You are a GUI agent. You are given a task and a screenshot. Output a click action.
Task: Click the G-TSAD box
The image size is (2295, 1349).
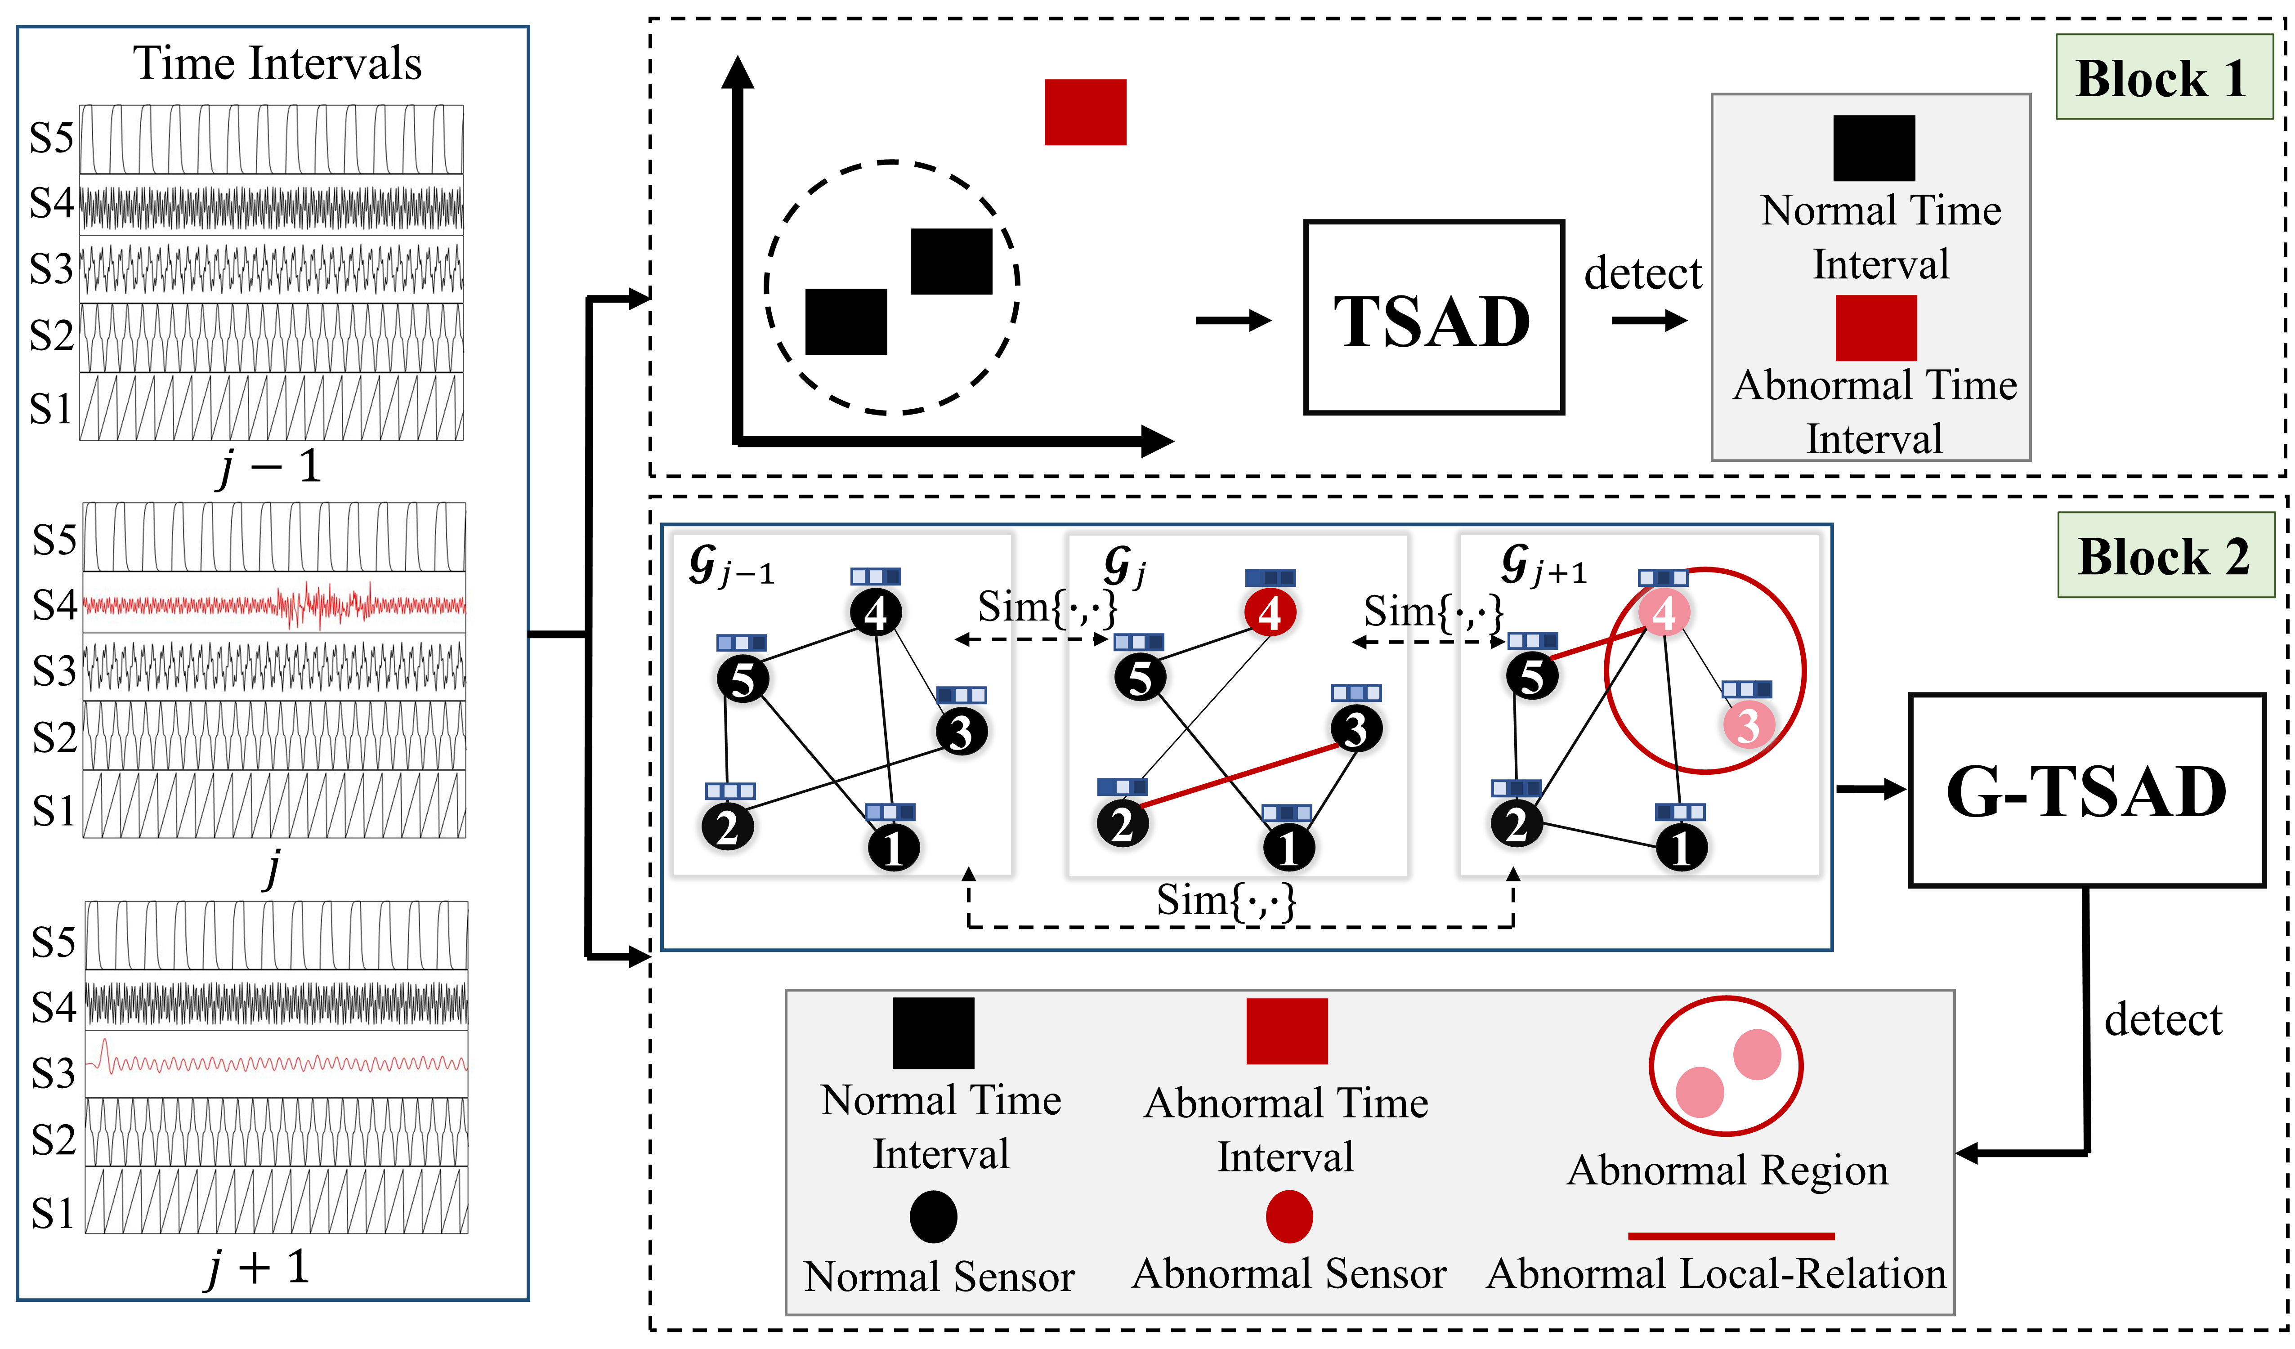2085,790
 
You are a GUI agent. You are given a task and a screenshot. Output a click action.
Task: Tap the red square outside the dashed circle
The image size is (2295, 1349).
1085,112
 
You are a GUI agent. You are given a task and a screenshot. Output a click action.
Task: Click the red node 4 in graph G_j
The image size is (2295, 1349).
1270,613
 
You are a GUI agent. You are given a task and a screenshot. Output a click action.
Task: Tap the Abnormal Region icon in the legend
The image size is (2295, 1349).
1726,1066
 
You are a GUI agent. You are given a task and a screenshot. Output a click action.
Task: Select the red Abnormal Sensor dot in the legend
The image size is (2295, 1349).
1288,1217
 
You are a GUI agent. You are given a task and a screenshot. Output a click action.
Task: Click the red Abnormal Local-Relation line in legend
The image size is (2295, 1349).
1731,1236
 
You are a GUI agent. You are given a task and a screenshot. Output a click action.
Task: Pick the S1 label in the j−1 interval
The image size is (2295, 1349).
50,409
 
